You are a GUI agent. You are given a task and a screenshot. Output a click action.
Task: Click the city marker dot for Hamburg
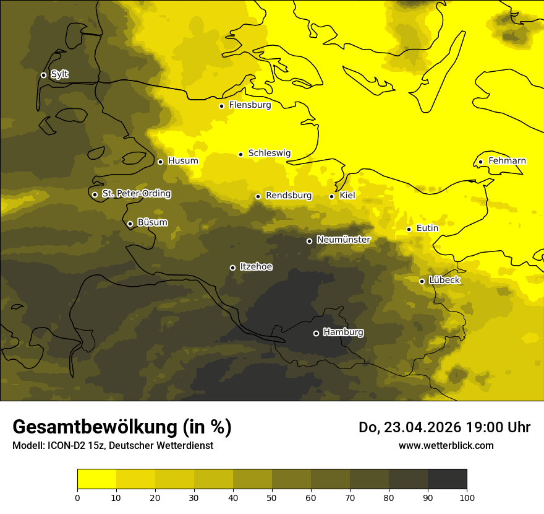pos(316,333)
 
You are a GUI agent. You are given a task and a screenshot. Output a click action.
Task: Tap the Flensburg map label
pos(250,105)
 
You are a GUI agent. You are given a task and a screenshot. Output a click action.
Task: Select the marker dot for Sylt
pos(43,75)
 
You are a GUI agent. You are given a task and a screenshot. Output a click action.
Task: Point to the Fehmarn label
pos(507,161)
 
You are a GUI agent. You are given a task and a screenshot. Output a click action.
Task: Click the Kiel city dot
pos(331,196)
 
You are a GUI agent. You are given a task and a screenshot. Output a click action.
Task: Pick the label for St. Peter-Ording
pos(136,194)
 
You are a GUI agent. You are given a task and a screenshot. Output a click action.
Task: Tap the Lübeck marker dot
pos(422,281)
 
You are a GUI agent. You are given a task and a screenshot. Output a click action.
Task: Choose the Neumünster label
pos(343,240)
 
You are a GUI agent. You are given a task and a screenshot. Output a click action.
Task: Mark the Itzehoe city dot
pos(232,268)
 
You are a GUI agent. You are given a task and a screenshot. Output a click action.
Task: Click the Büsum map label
pos(152,222)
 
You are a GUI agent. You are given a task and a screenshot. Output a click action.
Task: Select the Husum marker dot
pos(160,162)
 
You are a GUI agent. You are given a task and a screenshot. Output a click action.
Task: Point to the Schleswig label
pos(269,153)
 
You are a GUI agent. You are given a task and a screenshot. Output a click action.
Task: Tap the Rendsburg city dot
pos(258,196)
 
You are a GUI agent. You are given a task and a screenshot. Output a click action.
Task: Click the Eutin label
pos(427,229)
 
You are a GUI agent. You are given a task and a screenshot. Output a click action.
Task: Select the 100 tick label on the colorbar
pos(467,497)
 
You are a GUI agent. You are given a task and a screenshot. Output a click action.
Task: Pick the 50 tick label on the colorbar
pos(272,497)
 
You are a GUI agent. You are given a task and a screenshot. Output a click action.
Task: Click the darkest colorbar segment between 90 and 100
pos(447,479)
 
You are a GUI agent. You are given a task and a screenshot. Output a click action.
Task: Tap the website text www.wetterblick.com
pos(446,445)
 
